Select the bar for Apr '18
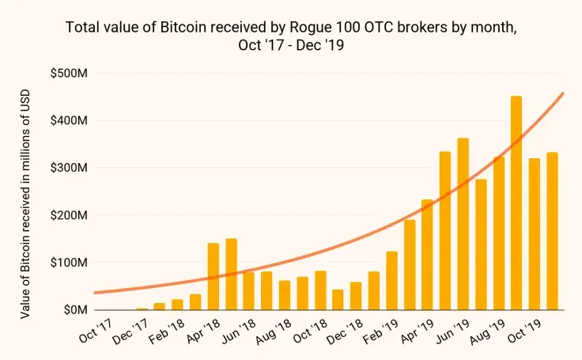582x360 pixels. [214, 276]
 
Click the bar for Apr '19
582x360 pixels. [427, 254]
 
